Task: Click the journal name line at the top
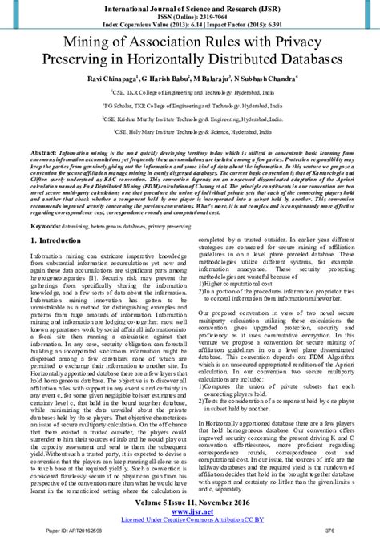[x=190, y=6]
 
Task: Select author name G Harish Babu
[x=168, y=80]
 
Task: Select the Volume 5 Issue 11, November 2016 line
[x=190, y=499]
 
